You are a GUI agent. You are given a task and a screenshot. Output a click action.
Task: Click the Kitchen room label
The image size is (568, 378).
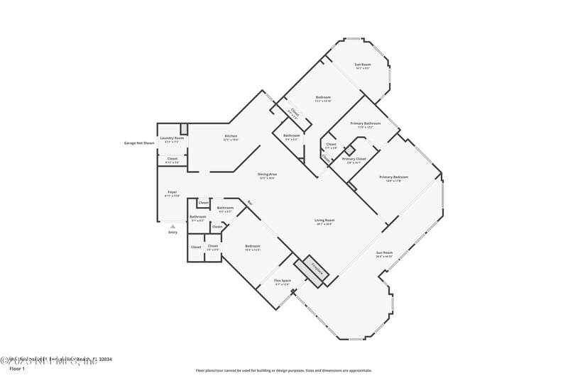tap(231, 136)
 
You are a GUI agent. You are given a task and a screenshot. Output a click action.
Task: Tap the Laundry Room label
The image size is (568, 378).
tap(172, 138)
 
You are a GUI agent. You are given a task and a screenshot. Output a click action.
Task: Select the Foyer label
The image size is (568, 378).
tap(172, 192)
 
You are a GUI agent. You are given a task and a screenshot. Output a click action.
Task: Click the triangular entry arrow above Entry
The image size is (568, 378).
tap(173, 226)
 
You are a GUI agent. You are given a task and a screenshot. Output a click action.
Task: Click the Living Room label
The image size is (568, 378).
tap(324, 221)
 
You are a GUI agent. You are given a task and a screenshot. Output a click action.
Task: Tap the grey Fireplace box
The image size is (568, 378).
tap(317, 269)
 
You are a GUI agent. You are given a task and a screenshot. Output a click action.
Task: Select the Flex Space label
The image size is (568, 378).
tap(283, 281)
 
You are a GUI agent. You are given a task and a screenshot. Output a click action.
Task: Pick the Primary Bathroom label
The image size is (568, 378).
tap(366, 123)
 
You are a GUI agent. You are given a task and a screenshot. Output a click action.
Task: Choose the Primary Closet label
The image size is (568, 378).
tap(354, 159)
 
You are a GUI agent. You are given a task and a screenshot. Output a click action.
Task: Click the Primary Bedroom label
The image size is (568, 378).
tap(393, 177)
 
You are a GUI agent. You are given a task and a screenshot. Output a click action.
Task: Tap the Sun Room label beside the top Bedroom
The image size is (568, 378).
tap(363, 65)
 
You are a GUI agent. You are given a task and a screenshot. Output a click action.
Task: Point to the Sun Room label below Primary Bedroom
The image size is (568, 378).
tap(384, 252)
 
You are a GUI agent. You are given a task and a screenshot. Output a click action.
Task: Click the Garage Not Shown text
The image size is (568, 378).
tap(139, 143)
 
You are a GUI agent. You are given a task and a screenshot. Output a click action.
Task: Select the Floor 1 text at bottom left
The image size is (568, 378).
tap(16, 369)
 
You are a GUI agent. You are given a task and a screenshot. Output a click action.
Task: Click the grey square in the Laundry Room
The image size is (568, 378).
tap(184, 128)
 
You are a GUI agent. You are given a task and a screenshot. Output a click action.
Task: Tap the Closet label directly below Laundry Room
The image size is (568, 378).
tap(172, 159)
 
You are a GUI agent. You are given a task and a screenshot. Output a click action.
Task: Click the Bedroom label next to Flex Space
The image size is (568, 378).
tap(252, 246)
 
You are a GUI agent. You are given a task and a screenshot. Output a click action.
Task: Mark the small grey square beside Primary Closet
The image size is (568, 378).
tap(349, 150)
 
